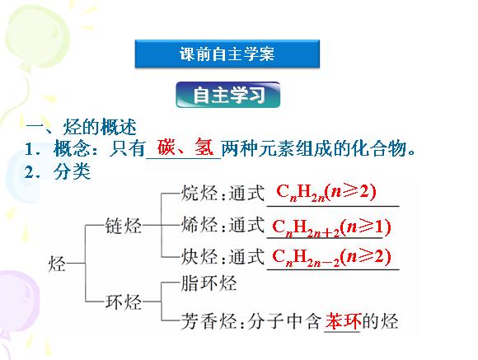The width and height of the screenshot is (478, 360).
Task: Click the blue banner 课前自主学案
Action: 227,54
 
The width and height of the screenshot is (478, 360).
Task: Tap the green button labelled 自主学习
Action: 228,95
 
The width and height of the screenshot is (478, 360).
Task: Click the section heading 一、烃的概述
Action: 82,127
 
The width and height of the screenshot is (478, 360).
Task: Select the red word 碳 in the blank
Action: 166,147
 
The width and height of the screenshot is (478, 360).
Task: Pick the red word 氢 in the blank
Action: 204,147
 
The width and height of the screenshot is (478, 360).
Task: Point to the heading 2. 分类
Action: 58,172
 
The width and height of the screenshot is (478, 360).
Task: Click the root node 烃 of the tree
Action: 57,263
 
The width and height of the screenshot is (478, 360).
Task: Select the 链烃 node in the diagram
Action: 123,226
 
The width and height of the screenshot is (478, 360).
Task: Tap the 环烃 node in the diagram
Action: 123,302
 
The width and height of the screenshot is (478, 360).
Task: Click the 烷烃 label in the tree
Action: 199,193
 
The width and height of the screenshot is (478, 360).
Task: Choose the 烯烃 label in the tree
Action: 199,225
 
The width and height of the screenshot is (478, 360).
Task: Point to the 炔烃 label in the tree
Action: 199,257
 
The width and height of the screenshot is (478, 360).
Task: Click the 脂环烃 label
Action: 209,283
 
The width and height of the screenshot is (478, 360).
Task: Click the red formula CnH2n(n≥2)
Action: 326,193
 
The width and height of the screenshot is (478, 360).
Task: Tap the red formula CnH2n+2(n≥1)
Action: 331,227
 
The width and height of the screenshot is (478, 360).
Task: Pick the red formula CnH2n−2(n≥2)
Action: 331,257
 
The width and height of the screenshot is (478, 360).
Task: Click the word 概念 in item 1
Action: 72,149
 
